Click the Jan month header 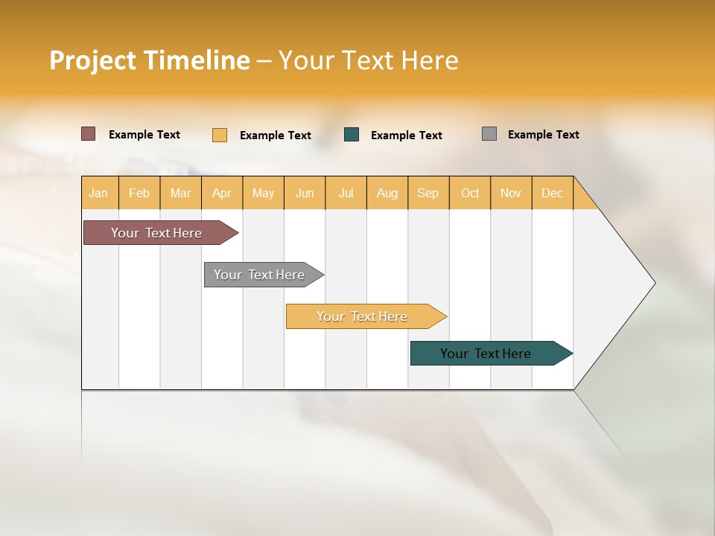click(99, 193)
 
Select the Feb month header click(139, 193)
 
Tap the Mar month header click(180, 193)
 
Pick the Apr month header click(222, 193)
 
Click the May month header click(263, 193)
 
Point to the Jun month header click(305, 193)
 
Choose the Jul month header click(346, 193)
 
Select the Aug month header click(387, 193)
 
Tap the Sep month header click(428, 193)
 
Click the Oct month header click(470, 193)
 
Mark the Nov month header click(511, 193)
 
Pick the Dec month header click(553, 193)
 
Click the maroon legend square click(88, 134)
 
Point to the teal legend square click(352, 135)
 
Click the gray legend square click(489, 134)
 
